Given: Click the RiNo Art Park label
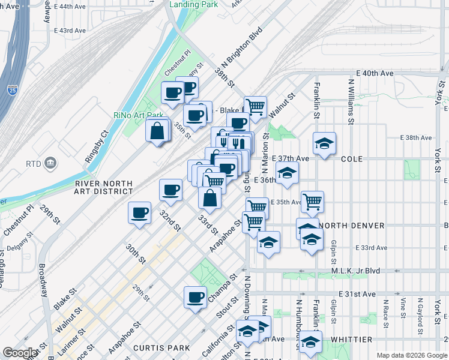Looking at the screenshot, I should (x=138, y=115).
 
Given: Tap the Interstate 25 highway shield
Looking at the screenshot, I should (x=13, y=90).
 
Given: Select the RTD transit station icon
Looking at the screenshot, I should (x=50, y=163).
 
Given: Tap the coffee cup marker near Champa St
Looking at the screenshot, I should (x=194, y=298).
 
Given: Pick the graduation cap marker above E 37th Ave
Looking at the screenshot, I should (x=324, y=144).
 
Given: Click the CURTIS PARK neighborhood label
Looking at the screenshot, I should (x=161, y=348).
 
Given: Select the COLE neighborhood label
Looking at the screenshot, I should (x=352, y=159).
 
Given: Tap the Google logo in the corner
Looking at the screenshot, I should (x=20, y=353).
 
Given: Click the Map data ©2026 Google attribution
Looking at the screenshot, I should (x=411, y=355).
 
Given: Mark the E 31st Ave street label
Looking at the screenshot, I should (x=357, y=294).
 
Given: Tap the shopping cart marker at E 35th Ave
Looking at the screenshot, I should (x=312, y=203).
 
